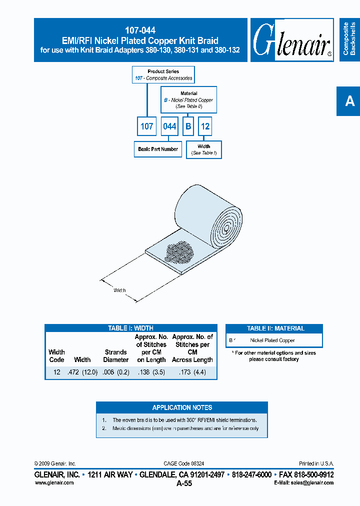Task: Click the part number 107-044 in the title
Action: click(140, 30)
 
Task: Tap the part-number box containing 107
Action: click(146, 126)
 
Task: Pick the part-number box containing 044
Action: click(169, 126)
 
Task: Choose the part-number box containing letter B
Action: click(188, 126)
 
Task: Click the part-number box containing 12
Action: click(205, 126)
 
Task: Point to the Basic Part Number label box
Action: click(158, 149)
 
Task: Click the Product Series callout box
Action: click(163, 75)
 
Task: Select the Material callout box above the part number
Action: click(188, 100)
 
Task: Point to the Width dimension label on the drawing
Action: click(120, 290)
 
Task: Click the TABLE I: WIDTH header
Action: click(130, 328)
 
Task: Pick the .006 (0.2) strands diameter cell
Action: click(115, 372)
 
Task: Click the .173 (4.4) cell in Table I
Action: click(192, 372)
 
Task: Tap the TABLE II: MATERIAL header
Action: click(275, 328)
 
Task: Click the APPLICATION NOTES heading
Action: click(182, 407)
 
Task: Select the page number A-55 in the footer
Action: click(184, 483)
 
